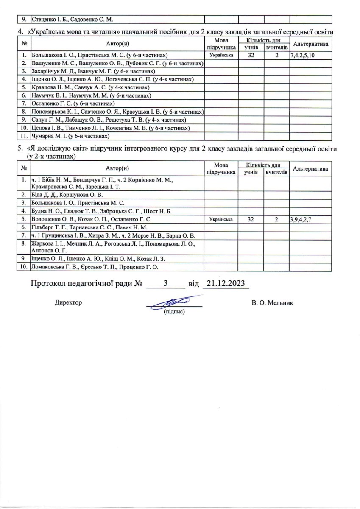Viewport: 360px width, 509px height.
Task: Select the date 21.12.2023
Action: coord(225,284)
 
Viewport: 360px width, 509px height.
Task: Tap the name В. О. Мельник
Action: coord(272,303)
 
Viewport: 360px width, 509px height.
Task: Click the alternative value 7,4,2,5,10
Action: coord(303,55)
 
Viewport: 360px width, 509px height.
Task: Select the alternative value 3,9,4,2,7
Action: coord(303,220)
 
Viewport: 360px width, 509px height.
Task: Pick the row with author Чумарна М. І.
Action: coord(70,136)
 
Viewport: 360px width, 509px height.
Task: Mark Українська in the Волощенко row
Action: coord(220,220)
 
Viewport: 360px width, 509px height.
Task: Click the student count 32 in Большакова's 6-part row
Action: coord(251,55)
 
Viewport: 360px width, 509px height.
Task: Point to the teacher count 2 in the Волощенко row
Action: coord(276,220)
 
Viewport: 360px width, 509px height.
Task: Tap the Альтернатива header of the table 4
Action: coord(310,44)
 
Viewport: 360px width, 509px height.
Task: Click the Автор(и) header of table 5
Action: coord(117,169)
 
